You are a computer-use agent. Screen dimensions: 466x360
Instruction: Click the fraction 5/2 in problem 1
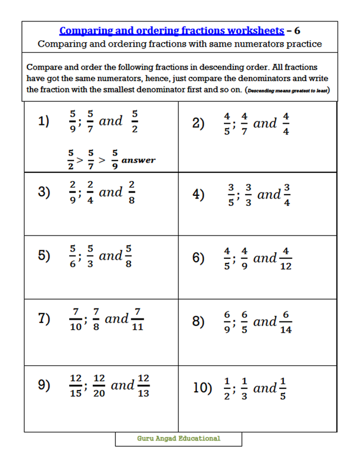(x=134, y=122)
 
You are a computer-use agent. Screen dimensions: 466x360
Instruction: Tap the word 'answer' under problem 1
(x=138, y=160)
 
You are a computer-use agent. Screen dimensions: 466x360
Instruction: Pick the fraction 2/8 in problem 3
(x=132, y=192)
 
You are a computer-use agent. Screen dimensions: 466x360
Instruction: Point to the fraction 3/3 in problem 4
(x=248, y=195)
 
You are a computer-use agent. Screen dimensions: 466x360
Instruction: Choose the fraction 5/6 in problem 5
(x=72, y=256)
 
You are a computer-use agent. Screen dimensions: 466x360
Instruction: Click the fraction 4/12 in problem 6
(x=286, y=258)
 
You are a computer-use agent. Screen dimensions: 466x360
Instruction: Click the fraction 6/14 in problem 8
(x=286, y=322)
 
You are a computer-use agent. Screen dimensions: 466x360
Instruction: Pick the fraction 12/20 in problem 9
(x=99, y=386)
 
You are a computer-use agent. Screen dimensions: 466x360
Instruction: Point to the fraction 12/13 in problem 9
(x=143, y=386)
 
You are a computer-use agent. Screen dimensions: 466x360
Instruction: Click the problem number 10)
(x=202, y=388)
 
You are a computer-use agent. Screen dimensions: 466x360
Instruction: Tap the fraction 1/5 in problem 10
(x=282, y=388)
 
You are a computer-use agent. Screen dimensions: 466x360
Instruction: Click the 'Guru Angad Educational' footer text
(x=179, y=438)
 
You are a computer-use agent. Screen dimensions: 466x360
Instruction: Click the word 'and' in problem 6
(x=265, y=258)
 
